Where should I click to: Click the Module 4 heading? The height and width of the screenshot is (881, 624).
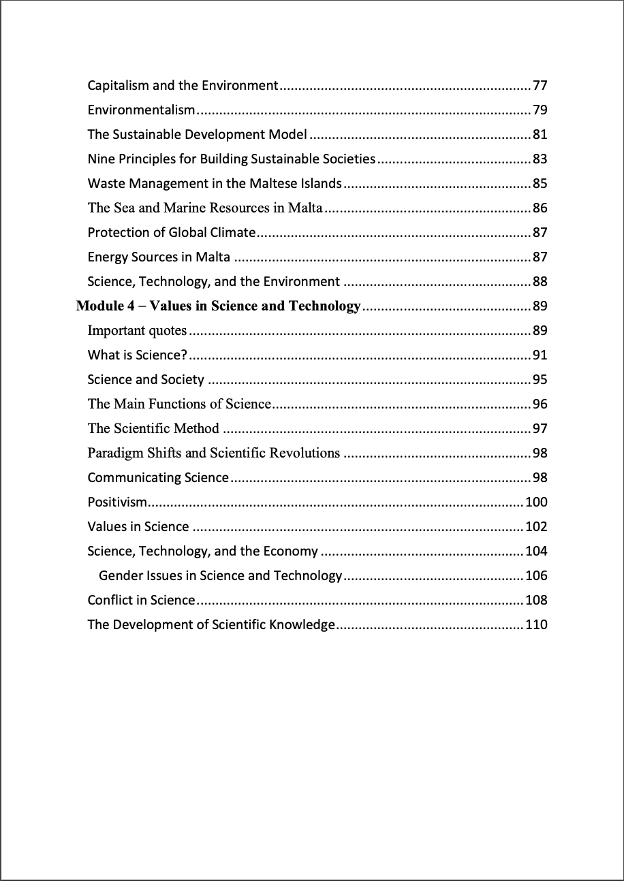pos(218,306)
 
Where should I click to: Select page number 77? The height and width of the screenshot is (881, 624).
pos(540,86)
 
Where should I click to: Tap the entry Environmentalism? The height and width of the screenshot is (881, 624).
pos(142,110)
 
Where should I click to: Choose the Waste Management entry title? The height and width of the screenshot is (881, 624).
pos(215,184)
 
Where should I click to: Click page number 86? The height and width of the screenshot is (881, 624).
pos(540,208)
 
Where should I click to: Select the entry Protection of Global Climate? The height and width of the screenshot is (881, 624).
pos(171,233)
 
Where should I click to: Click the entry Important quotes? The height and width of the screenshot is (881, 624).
pos(137,331)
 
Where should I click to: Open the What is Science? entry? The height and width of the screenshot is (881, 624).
pos(137,355)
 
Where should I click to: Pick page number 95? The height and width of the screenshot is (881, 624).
pos(540,380)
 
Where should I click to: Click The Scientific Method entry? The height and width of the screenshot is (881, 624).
pos(153,429)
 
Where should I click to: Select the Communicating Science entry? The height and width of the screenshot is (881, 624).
pos(158,478)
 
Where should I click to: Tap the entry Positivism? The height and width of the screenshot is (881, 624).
pos(117,502)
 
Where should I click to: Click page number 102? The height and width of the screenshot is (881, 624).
pos(536,527)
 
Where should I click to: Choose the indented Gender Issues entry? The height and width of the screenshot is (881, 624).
pos(220,576)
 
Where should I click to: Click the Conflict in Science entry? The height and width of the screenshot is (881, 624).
pos(142,600)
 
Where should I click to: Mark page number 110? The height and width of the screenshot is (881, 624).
pos(536,625)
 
